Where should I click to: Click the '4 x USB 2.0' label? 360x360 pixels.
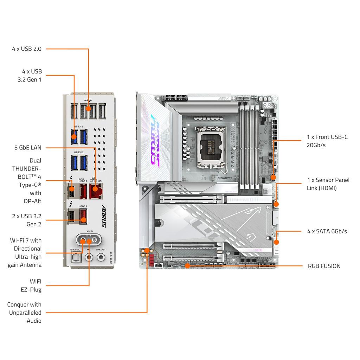click(27, 49)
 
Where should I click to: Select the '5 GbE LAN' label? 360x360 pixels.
click(28, 148)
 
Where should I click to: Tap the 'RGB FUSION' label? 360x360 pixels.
click(324, 266)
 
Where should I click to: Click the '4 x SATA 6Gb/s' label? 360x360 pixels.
click(327, 231)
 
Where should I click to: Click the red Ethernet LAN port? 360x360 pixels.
click(94, 192)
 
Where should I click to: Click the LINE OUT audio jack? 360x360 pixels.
click(101, 257)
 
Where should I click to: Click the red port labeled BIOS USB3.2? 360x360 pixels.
click(83, 192)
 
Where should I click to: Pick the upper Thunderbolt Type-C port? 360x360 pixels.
click(72, 192)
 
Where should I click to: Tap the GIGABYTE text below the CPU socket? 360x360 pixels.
click(225, 178)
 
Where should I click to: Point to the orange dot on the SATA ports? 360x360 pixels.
click(276, 242)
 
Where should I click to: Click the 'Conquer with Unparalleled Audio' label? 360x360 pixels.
click(25, 313)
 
